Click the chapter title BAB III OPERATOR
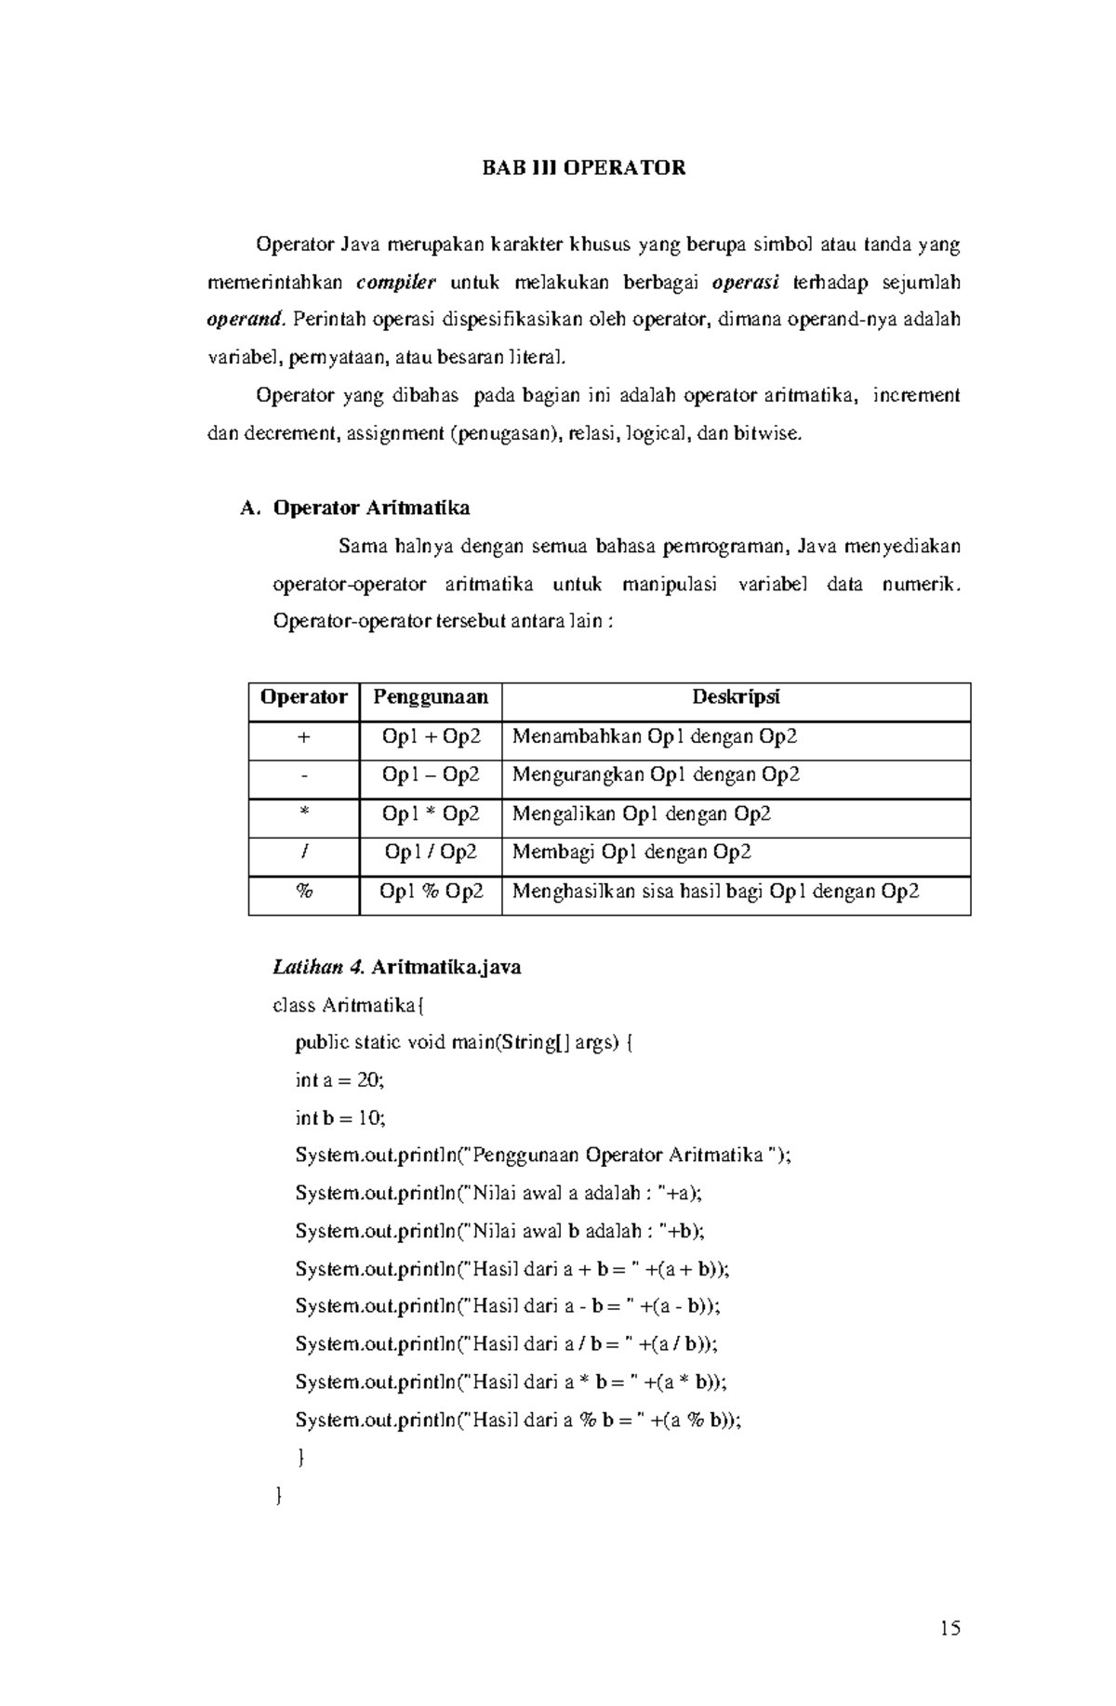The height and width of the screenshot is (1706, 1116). point(583,168)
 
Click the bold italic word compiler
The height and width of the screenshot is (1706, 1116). point(396,283)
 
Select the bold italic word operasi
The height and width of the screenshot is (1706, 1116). point(745,283)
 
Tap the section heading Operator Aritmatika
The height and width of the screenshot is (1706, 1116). point(370,509)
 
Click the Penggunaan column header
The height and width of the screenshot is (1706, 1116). point(431,697)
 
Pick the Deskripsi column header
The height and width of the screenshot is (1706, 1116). point(736,697)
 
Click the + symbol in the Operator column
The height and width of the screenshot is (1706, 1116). point(303,737)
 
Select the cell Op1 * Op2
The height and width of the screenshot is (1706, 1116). point(431,814)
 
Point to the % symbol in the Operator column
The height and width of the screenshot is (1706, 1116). point(303,892)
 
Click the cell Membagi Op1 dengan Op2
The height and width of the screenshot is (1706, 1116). point(631,853)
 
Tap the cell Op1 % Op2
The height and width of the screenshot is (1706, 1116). point(431,892)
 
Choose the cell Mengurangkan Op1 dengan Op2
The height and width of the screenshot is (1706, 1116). point(656,775)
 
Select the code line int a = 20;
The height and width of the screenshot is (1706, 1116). point(339,1080)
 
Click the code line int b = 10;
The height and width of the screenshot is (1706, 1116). point(339,1117)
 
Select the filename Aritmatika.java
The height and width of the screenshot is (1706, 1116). point(445,967)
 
